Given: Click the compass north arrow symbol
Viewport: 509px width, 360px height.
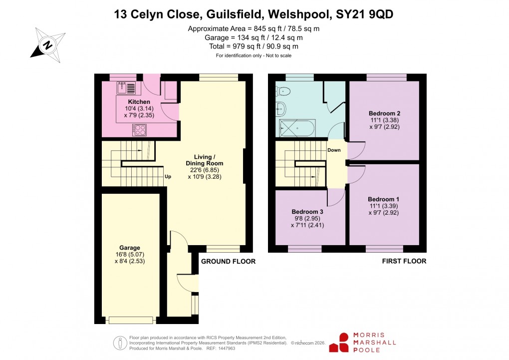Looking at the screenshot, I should (x=48, y=44).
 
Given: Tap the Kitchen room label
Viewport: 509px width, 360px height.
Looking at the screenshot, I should (x=125, y=102).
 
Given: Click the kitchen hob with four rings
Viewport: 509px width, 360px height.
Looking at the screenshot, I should (x=139, y=130).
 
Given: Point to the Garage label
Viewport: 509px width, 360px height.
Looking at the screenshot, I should (x=129, y=248).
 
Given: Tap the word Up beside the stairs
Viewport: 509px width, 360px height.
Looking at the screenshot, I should (x=168, y=176).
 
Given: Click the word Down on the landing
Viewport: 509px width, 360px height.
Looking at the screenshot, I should (x=334, y=150).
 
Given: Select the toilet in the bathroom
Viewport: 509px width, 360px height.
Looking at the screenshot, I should (x=283, y=91).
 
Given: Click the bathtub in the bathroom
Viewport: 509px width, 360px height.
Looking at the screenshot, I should (x=297, y=128).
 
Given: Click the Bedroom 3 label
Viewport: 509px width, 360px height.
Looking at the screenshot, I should (x=306, y=211).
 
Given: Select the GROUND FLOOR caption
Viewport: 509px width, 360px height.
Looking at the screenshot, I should (x=228, y=262).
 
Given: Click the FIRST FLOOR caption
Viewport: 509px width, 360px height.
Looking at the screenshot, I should (x=404, y=261).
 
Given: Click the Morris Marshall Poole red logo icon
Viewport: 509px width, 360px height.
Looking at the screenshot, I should (x=343, y=343).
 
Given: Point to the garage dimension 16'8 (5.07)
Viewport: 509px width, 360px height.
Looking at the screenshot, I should (x=129, y=254).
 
